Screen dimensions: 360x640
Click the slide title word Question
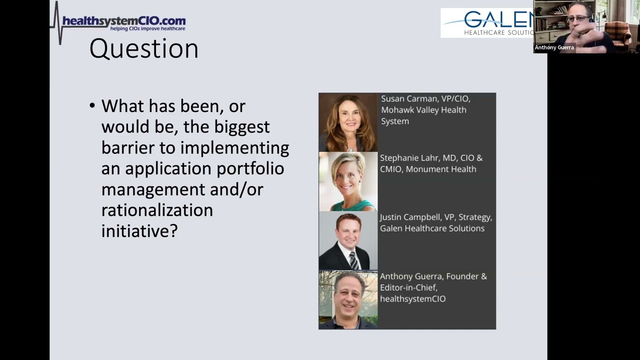click(x=144, y=49)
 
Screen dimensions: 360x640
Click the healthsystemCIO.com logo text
click(x=123, y=21)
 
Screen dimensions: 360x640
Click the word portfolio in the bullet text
click(x=250, y=169)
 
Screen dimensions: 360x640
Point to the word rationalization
click(x=157, y=210)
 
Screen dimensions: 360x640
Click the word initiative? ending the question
click(x=139, y=231)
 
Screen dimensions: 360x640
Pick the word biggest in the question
click(x=242, y=127)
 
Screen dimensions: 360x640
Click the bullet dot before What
click(x=92, y=106)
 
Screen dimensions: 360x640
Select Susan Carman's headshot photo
click(x=348, y=122)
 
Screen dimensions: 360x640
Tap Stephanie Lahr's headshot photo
click(x=348, y=181)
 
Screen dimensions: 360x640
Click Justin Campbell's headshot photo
click(x=348, y=241)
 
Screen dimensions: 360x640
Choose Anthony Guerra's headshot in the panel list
click(x=348, y=299)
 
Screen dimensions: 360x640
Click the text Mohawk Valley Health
click(x=423, y=110)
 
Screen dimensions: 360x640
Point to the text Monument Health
click(x=440, y=169)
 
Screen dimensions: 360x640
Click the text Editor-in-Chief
click(x=408, y=287)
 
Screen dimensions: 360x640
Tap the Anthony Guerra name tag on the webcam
click(x=554, y=47)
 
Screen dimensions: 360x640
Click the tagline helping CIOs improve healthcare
click(x=147, y=29)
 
